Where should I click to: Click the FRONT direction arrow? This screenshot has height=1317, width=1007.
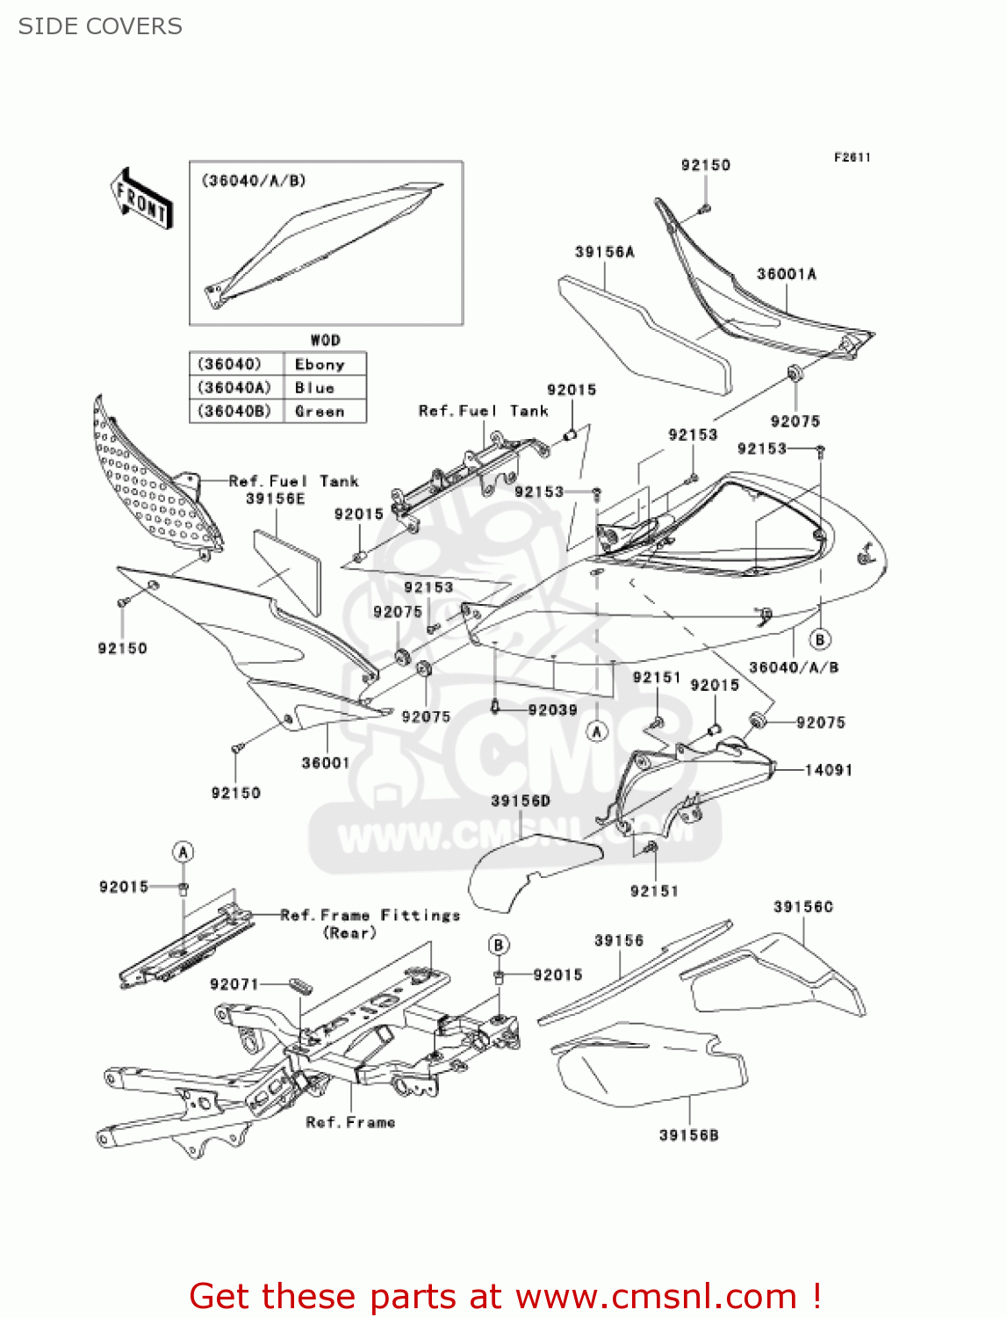[x=141, y=199]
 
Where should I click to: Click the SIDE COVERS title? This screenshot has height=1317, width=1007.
[x=100, y=26]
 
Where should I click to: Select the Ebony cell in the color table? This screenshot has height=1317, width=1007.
[x=320, y=364]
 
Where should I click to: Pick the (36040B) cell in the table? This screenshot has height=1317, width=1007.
[x=234, y=411]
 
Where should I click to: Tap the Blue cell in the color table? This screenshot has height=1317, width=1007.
[x=315, y=388]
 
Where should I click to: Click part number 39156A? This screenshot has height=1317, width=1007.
[x=605, y=252]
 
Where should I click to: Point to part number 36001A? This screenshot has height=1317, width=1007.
[x=787, y=274]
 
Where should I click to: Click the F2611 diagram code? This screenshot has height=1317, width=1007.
[x=852, y=157]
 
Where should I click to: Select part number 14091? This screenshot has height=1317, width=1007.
[x=829, y=770]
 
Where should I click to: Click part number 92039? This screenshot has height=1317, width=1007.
[x=552, y=709]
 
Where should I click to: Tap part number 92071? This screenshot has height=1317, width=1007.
[x=234, y=984]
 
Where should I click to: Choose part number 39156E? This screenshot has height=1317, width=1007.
[x=276, y=499]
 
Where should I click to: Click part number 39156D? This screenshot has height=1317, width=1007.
[x=521, y=801]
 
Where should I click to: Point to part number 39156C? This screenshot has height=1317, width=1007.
[x=803, y=906]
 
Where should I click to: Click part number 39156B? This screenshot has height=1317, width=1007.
[x=689, y=1135]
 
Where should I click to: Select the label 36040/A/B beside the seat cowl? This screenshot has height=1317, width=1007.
[x=794, y=667]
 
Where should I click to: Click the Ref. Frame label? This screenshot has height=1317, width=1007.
[x=350, y=1122]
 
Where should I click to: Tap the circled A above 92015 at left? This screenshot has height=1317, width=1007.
[x=183, y=852]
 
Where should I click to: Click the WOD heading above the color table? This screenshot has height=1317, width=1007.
[x=325, y=340]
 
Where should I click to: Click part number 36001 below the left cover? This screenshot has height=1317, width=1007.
[x=326, y=763]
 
